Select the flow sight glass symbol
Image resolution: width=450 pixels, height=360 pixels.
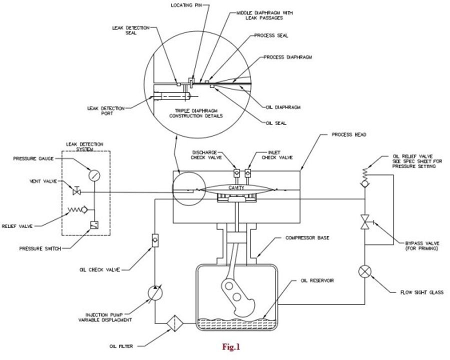364,272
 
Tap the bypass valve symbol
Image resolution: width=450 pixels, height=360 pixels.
365,220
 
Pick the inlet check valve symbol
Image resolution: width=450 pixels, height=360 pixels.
247,173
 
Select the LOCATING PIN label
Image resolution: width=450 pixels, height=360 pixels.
185,6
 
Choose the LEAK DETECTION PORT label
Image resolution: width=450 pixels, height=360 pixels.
108,109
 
